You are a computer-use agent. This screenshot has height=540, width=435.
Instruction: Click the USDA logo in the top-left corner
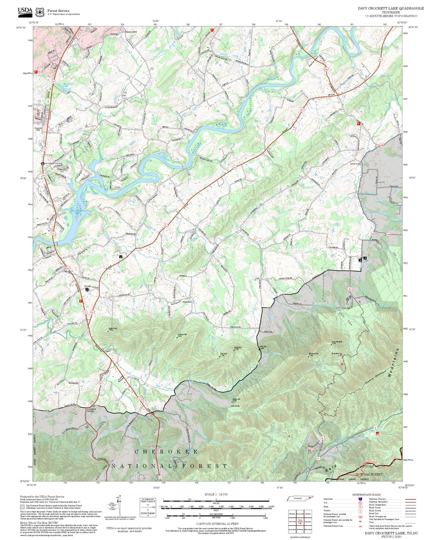click(x=25, y=11)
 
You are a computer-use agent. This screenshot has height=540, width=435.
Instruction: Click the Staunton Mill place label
click(x=131, y=32)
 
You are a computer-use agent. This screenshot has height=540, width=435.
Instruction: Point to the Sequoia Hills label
click(x=38, y=129)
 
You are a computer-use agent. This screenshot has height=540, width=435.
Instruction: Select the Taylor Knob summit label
click(x=112, y=329)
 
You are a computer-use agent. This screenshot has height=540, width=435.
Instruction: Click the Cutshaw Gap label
click(x=182, y=335)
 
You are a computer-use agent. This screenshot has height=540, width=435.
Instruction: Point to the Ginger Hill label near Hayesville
click(x=236, y=400)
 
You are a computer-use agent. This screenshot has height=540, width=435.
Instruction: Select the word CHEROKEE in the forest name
click(x=166, y=452)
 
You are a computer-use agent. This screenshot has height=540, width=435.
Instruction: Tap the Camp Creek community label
click(x=355, y=164)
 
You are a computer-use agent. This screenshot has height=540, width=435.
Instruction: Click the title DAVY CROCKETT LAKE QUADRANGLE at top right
click(x=390, y=8)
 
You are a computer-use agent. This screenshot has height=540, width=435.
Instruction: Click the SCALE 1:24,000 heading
click(x=216, y=494)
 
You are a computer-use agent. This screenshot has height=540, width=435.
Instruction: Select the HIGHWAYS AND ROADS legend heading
click(x=366, y=495)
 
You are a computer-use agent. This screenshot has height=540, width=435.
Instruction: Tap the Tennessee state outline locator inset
click(x=300, y=499)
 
